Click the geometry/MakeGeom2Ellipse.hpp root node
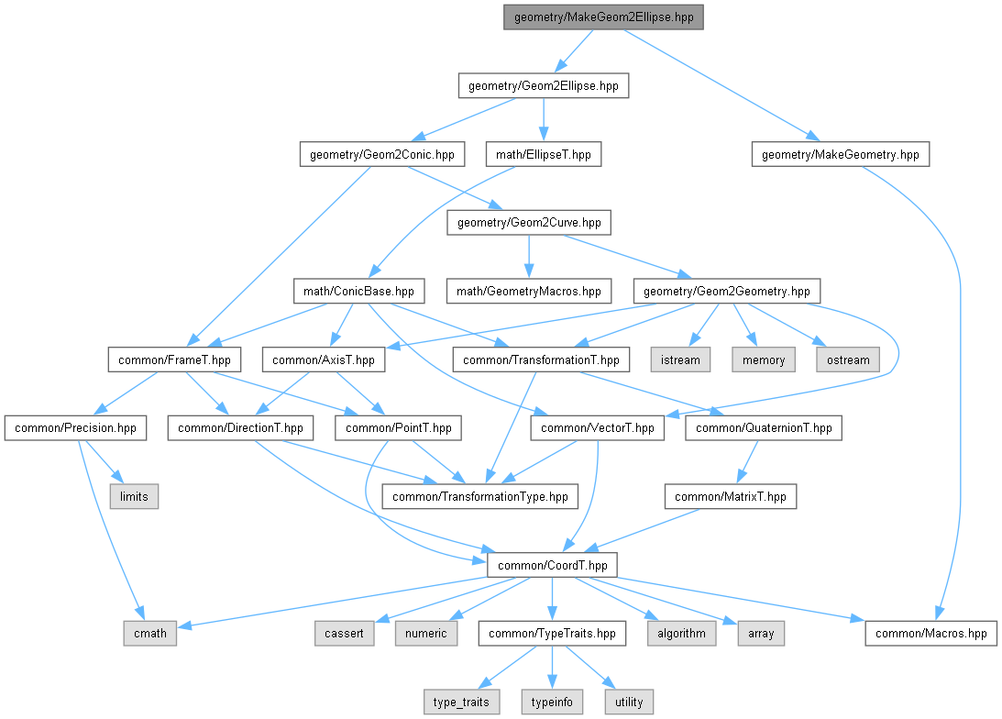coord(603,17)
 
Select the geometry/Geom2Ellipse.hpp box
coord(544,85)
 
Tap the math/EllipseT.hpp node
coord(544,154)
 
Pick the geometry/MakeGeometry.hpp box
coord(841,154)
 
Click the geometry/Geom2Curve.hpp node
coord(529,223)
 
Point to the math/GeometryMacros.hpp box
coord(528,291)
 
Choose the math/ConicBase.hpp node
coord(358,291)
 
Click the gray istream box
coord(680,359)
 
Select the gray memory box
coord(764,359)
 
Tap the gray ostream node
coord(848,359)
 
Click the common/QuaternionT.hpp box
coord(764,427)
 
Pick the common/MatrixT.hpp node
coord(731,496)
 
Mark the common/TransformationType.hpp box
coord(479,496)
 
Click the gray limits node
coord(134,496)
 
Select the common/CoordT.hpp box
coord(552,565)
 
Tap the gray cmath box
coord(150,634)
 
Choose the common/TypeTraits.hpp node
coord(552,634)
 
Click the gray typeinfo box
coord(552,702)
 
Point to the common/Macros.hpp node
coord(931,634)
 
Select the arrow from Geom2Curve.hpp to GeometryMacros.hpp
coord(528,256)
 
